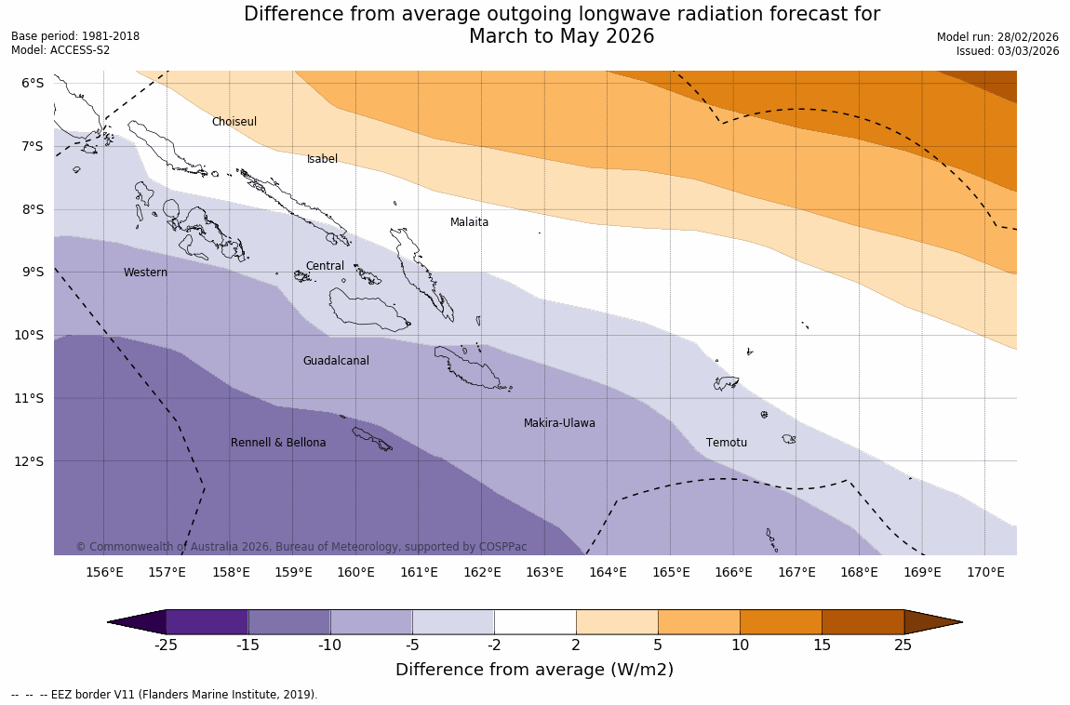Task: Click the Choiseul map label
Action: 234,122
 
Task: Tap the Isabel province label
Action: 322,159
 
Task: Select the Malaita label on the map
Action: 469,222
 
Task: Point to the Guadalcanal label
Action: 336,361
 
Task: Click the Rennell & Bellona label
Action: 278,443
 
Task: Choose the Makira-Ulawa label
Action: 559,423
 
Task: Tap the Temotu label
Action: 726,443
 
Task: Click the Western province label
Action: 145,273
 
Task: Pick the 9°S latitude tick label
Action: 33,272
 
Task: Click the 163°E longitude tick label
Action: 544,572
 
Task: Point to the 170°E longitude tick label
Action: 985,572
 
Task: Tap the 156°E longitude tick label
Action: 104,572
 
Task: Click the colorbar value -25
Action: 166,645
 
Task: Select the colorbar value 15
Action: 822,645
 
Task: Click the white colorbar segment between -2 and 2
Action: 535,622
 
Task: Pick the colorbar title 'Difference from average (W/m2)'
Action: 534,670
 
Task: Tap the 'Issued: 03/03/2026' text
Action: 1008,51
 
